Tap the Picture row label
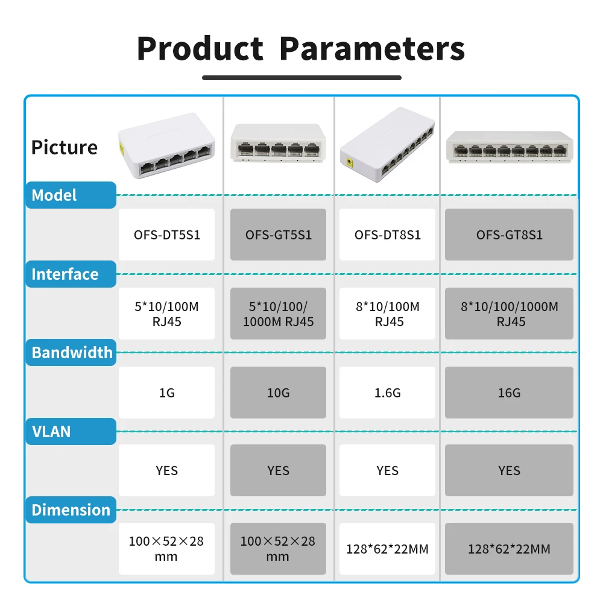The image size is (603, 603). coord(65,148)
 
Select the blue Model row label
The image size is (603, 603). coord(71,195)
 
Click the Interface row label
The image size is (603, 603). coord(71,274)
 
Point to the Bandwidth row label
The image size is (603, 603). coord(71,352)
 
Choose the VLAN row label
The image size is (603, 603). coord(71,432)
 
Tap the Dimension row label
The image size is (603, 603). coord(71,510)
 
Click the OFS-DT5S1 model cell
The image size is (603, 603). coord(166,235)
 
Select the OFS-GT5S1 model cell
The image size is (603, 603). coord(278,235)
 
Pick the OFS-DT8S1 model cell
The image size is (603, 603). coord(387,235)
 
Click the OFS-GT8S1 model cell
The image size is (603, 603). coord(509,235)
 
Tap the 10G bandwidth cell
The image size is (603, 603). coord(278,393)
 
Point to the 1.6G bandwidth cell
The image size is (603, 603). coord(387,393)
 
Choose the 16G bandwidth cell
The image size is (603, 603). coord(509,393)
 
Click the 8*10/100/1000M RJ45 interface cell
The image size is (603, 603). coord(509,314)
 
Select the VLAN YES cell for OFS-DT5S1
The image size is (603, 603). coord(166,470)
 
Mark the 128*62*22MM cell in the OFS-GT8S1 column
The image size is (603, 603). coord(509,549)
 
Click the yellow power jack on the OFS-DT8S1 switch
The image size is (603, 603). coord(350,163)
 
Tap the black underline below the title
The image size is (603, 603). coord(301,78)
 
